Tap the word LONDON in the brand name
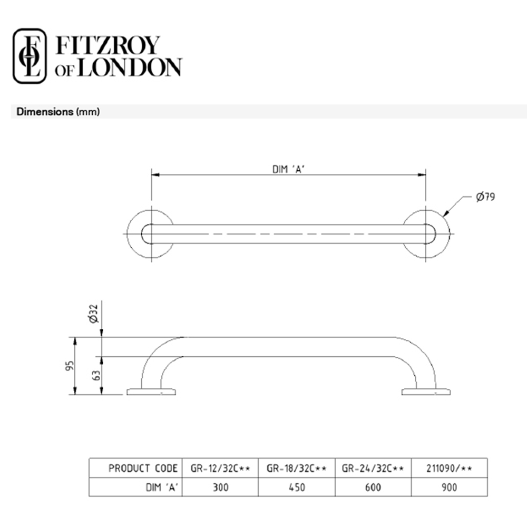(129, 68)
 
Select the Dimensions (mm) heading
(58, 112)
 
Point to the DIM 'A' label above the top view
(288, 169)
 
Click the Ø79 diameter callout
(485, 197)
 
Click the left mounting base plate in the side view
(151, 392)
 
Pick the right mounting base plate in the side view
(426, 392)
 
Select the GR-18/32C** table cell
(297, 468)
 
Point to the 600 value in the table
(373, 487)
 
